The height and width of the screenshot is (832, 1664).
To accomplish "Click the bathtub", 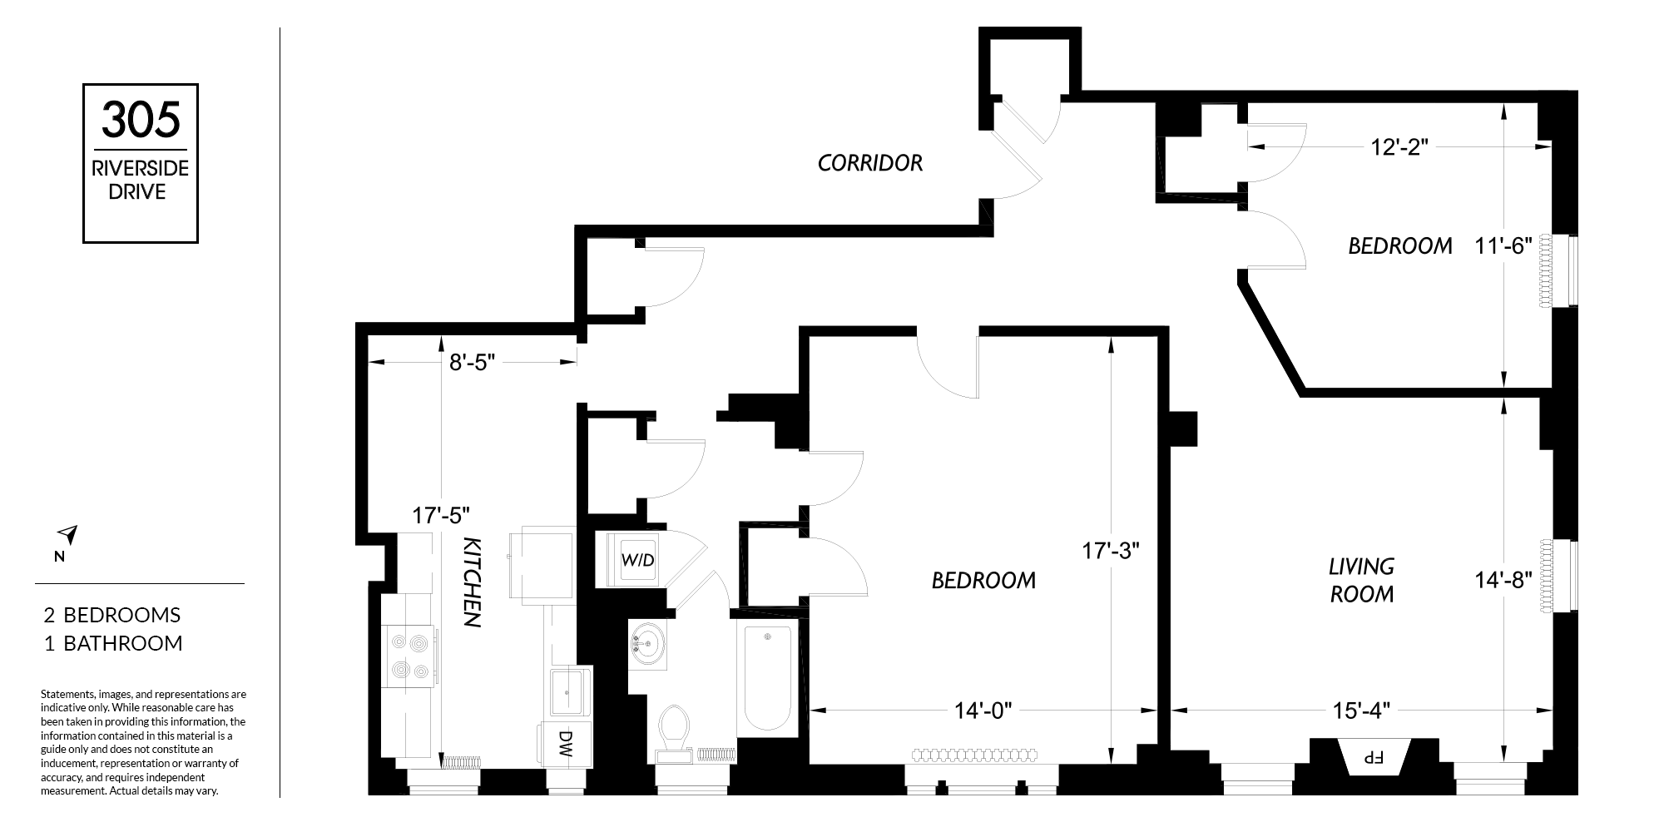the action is (767, 679).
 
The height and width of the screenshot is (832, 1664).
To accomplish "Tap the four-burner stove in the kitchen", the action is (409, 657).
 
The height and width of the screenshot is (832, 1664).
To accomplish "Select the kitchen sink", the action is (570, 691).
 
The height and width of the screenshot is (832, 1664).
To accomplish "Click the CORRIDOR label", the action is (870, 163).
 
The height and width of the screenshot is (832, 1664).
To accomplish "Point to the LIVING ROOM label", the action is (1361, 580).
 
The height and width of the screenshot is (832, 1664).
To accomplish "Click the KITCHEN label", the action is (472, 582).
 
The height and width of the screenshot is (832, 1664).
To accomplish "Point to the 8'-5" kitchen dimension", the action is (472, 363).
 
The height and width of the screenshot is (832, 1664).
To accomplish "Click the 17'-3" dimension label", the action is (1110, 550).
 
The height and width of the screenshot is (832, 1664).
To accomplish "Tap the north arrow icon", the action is (67, 535).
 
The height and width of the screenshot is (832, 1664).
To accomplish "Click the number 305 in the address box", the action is (141, 119).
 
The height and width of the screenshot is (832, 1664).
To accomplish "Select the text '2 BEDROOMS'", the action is (112, 615).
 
